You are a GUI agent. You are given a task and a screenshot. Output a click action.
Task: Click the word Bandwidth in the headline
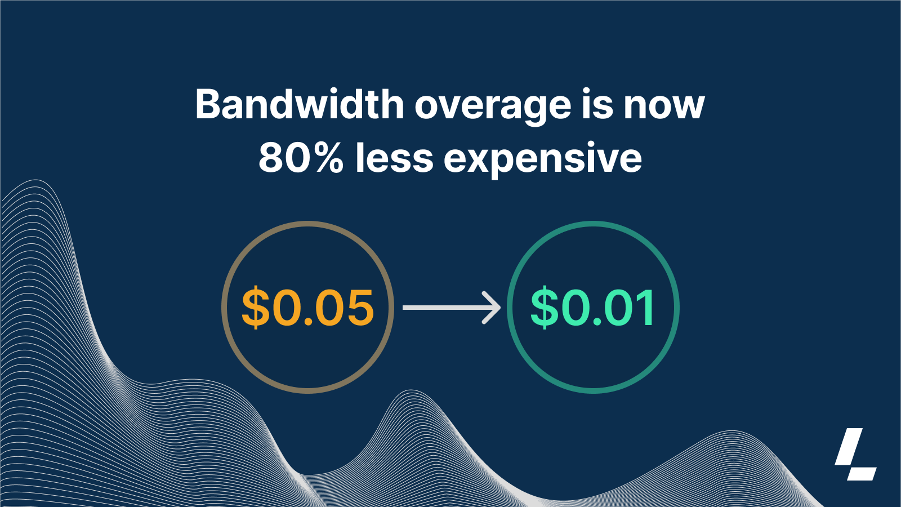pyautogui.click(x=299, y=105)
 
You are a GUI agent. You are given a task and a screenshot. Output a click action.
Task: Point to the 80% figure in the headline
pyautogui.click(x=301, y=158)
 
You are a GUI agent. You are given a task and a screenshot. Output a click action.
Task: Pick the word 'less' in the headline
pyautogui.click(x=394, y=158)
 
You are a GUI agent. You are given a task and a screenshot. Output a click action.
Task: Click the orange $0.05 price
pyautogui.click(x=307, y=308)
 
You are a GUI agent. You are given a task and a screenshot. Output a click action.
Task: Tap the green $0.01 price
pyautogui.click(x=593, y=308)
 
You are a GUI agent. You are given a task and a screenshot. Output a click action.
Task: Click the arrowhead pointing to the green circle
pyautogui.click(x=493, y=308)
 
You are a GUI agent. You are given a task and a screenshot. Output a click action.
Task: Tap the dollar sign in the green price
pyautogui.click(x=544, y=308)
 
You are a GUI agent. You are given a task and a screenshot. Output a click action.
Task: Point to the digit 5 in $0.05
pyautogui.click(x=358, y=308)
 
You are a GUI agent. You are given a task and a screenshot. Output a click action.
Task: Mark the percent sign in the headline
pyautogui.click(x=329, y=158)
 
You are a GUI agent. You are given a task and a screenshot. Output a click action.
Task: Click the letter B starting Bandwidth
pyautogui.click(x=208, y=105)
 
